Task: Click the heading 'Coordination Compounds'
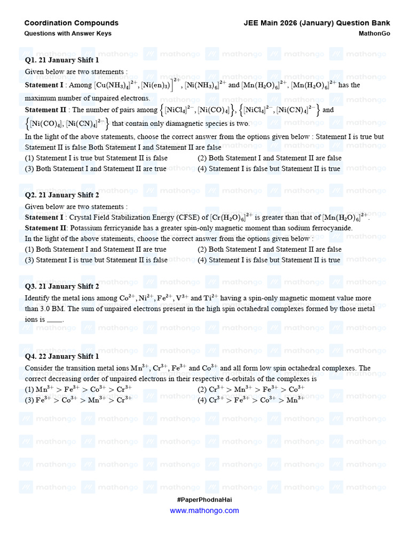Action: click(x=72, y=23)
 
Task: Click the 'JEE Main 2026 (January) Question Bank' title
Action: click(x=317, y=23)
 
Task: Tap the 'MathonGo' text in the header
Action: click(x=374, y=34)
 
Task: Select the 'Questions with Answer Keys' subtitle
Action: click(x=68, y=34)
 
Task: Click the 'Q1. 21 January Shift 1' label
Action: click(x=62, y=60)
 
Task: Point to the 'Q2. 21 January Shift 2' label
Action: click(x=62, y=195)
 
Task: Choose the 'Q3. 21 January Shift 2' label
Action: click(x=62, y=286)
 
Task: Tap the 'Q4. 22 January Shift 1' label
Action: click(x=62, y=356)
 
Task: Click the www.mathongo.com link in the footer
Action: click(x=204, y=510)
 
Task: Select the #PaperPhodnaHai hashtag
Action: click(x=204, y=500)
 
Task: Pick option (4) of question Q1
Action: click(x=269, y=168)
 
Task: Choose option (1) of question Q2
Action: click(x=96, y=249)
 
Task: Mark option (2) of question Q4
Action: click(x=251, y=389)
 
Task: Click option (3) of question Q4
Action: click(x=78, y=400)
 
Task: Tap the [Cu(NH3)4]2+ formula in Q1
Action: click(x=116, y=85)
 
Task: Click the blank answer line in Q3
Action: click(x=55, y=320)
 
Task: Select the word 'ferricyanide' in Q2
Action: click(x=119, y=228)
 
